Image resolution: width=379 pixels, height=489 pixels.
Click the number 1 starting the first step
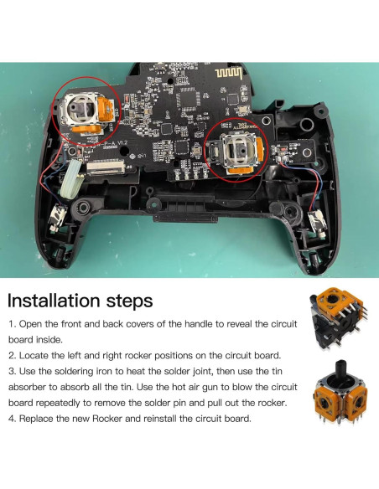point(11,323)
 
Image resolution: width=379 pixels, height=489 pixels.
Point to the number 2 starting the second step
point(11,356)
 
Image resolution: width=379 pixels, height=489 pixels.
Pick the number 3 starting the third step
point(11,372)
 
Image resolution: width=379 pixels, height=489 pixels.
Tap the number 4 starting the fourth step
point(11,419)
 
